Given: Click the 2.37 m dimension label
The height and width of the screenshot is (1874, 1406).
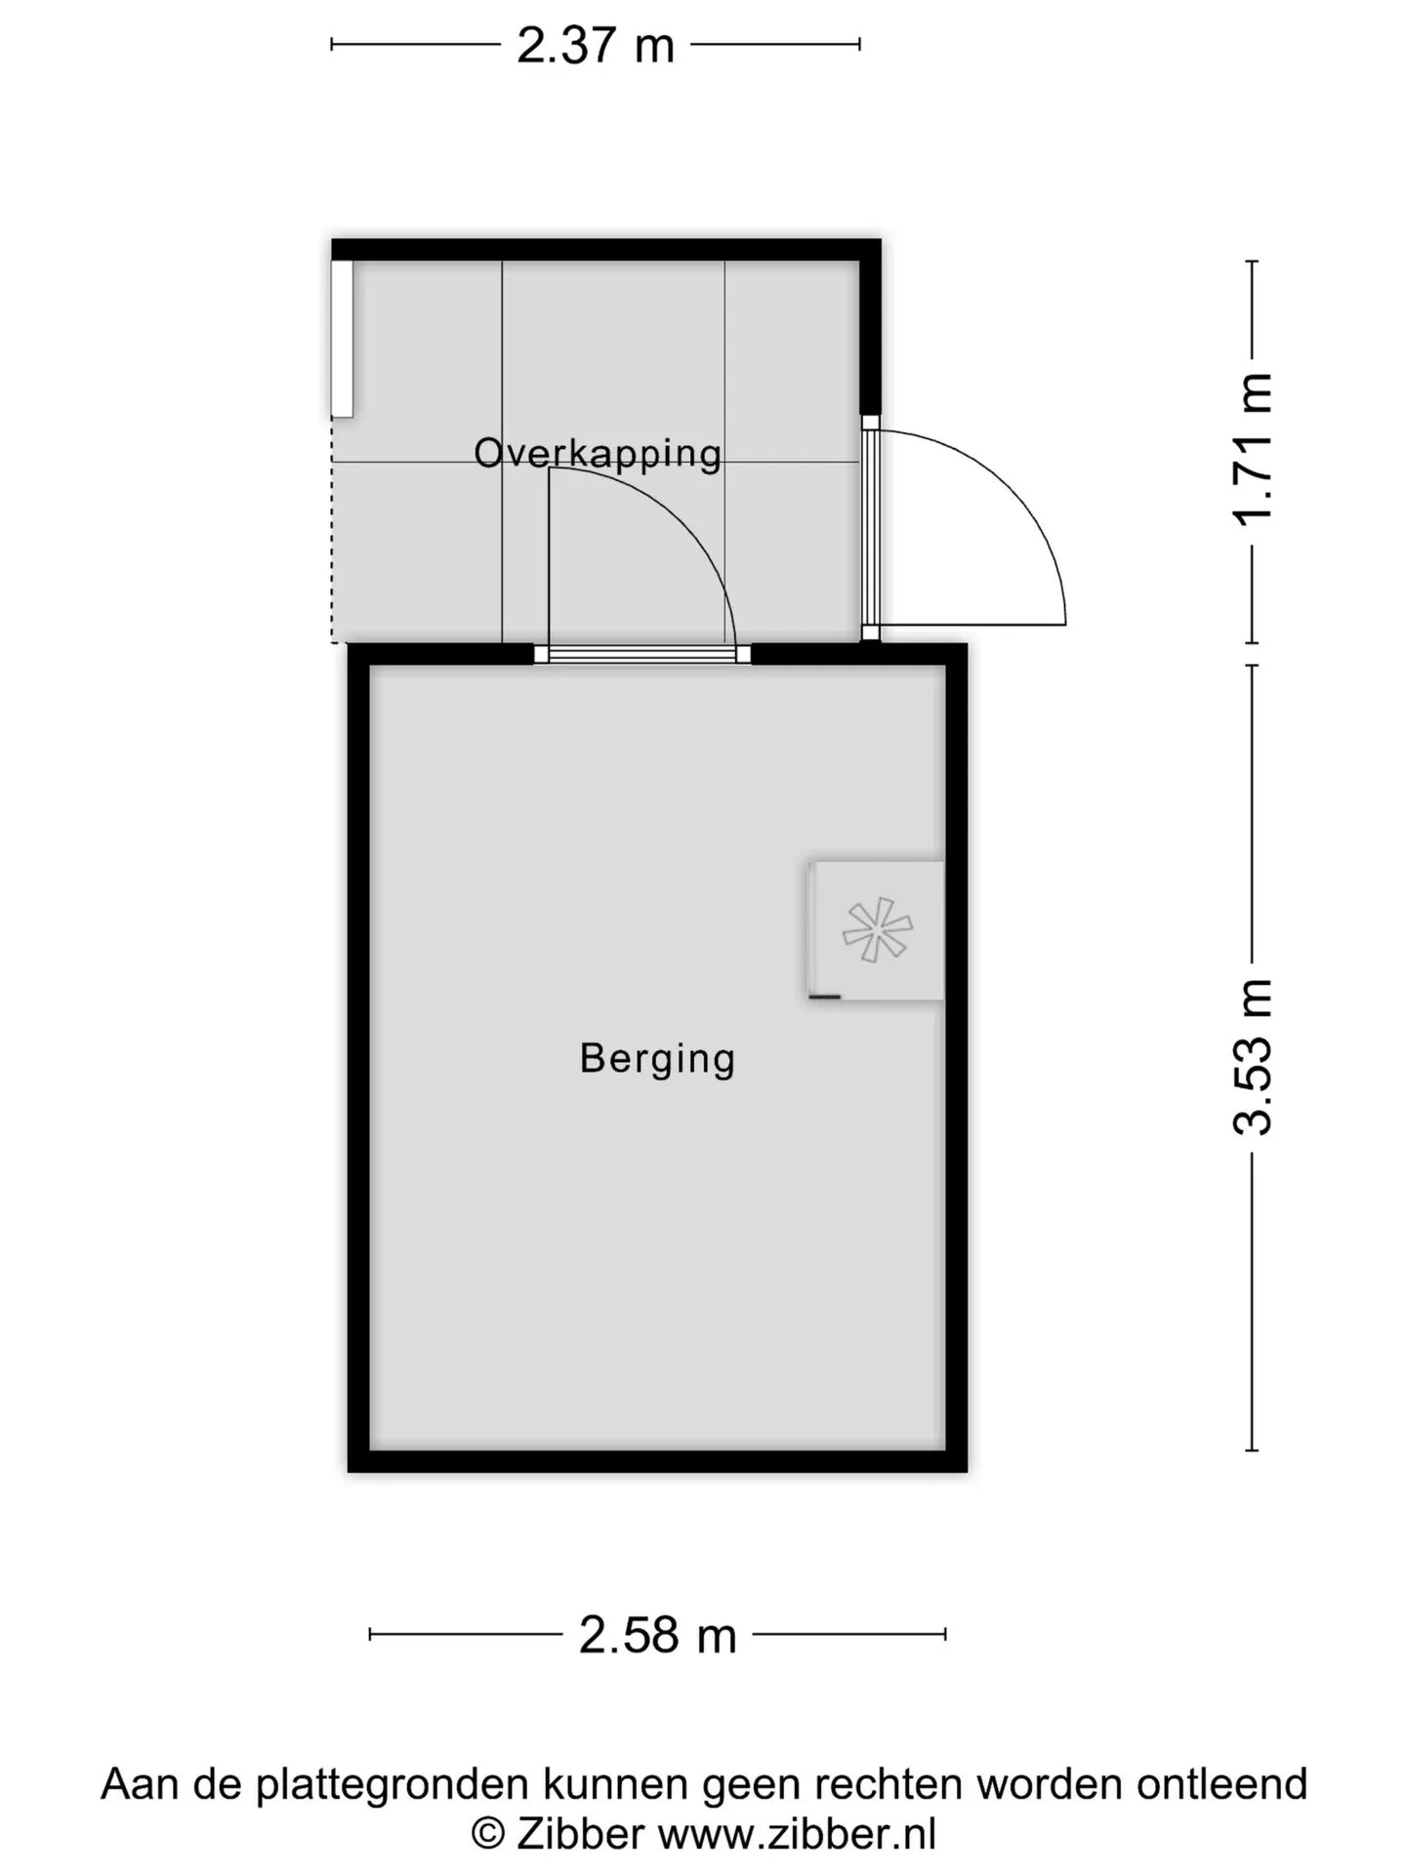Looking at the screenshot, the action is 596,45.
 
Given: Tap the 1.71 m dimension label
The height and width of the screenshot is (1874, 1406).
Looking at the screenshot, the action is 1253,450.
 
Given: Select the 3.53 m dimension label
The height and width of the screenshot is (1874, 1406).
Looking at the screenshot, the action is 1253,1057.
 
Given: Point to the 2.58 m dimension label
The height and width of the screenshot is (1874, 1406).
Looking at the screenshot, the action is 657,1635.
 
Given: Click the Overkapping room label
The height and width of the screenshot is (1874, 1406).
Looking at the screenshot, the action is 598,454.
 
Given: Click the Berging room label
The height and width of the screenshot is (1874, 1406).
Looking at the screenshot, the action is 657,1059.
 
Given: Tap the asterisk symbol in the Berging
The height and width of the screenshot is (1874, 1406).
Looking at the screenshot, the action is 877,929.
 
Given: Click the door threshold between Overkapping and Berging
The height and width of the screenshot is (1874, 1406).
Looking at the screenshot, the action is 642,654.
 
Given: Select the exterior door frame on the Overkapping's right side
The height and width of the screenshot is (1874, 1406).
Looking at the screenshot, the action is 870,528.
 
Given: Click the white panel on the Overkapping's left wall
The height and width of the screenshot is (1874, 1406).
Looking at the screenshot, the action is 342,339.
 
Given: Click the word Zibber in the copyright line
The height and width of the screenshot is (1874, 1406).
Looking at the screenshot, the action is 580,1834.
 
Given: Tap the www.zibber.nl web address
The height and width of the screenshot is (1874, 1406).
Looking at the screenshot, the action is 797,1834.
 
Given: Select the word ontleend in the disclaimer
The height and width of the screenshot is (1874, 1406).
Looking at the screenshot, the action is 1221,1784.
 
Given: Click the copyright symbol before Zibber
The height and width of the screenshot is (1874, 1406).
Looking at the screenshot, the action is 488,1835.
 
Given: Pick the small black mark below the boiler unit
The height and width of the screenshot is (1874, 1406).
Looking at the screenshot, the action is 825,997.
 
